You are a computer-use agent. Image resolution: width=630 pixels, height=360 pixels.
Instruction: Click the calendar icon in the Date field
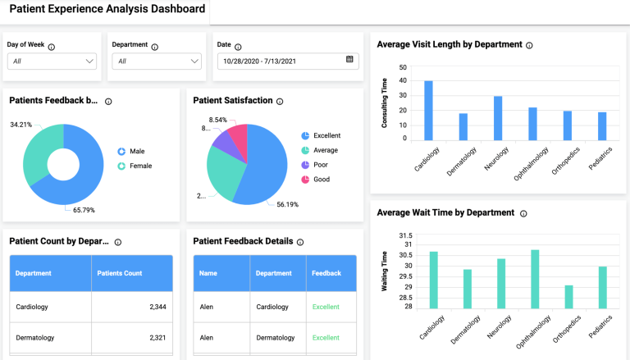(x=349, y=60)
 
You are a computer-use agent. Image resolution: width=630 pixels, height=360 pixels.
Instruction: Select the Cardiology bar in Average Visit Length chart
(x=428, y=110)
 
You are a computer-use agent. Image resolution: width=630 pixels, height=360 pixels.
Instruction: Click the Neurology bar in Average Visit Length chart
(x=498, y=118)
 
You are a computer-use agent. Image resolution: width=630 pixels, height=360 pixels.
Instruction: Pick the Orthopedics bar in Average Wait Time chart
(x=568, y=297)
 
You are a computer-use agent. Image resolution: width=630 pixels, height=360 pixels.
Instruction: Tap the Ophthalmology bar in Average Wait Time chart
(x=535, y=279)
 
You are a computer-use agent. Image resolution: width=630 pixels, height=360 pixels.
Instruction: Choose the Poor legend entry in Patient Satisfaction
(x=321, y=165)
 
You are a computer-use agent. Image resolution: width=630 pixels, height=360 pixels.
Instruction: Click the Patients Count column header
(x=120, y=273)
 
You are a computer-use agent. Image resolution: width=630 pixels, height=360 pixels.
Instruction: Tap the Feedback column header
(x=326, y=273)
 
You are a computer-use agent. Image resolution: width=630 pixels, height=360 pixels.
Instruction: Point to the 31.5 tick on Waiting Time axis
(x=404, y=235)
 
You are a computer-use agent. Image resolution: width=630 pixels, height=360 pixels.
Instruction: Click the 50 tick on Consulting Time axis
(x=402, y=68)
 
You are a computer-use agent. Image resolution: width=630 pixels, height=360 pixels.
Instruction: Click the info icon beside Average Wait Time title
(x=523, y=213)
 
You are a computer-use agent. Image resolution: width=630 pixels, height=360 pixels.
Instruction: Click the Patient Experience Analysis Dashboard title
(x=107, y=10)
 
